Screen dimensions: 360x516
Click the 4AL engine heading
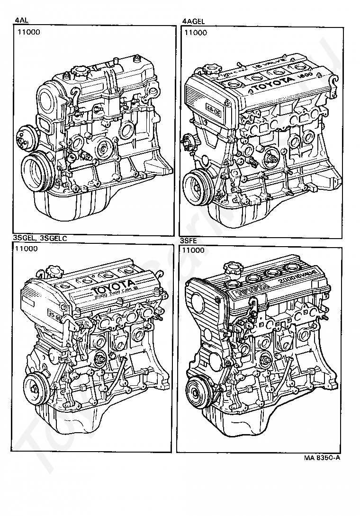21,21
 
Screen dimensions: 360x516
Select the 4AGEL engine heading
192,21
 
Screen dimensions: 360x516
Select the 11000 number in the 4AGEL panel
196,33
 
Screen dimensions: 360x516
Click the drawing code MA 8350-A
323,458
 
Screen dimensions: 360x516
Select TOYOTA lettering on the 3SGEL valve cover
112,287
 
